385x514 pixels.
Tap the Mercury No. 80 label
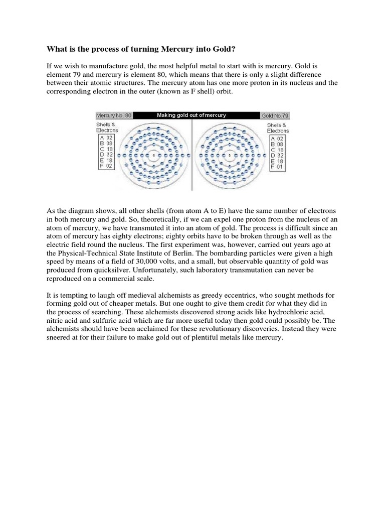click(x=114, y=115)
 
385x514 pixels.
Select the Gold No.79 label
click(x=275, y=115)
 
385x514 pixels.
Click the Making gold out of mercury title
click(x=191, y=115)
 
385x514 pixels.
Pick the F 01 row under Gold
click(x=277, y=167)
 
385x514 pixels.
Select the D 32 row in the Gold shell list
click(x=277, y=155)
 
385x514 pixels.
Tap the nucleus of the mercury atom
click(x=153, y=155)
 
